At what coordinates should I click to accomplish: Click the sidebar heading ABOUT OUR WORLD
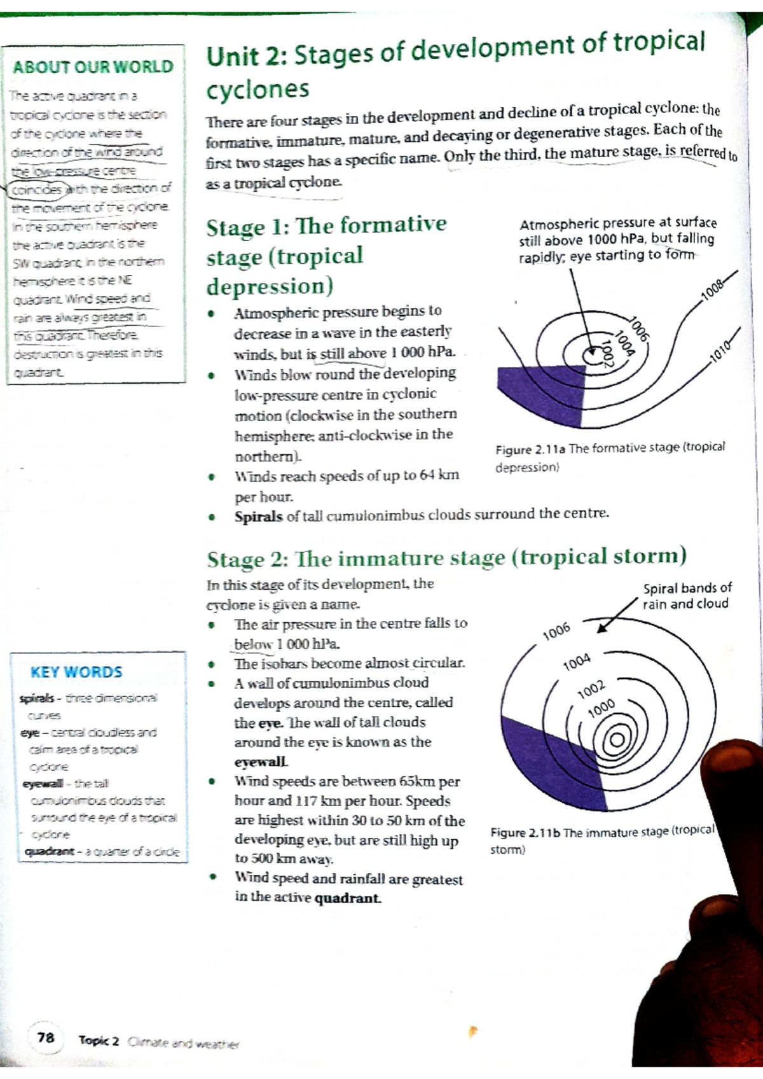tap(93, 67)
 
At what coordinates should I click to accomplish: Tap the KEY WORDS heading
tap(76, 672)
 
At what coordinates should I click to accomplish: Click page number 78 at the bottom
tap(46, 1038)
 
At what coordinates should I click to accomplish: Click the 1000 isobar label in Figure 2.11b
tap(601, 707)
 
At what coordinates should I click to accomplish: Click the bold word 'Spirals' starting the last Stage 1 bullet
tap(258, 517)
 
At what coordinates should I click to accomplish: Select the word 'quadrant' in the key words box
tap(49, 851)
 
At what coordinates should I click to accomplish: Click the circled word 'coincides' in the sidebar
tap(37, 189)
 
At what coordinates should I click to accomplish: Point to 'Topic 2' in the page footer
tap(99, 1040)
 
